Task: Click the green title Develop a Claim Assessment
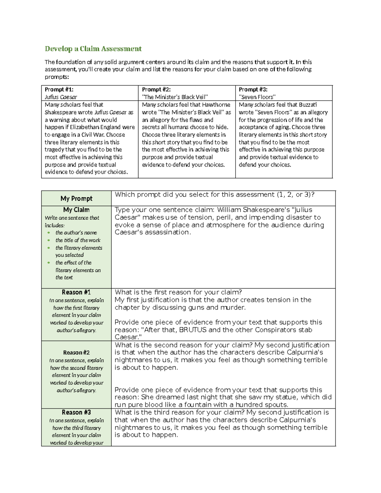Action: (93, 49)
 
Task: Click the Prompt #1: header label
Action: (59, 90)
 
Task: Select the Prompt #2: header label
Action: (156, 90)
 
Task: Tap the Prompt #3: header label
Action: (253, 90)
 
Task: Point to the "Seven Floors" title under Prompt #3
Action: (257, 97)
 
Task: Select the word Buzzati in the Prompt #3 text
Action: (307, 105)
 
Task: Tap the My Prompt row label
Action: (76, 198)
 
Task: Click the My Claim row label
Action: (76, 210)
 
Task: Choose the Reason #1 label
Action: (76, 292)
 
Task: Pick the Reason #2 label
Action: (76, 353)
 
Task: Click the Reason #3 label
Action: (76, 412)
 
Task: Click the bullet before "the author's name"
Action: (49, 233)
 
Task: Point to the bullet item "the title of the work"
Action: (78, 240)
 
